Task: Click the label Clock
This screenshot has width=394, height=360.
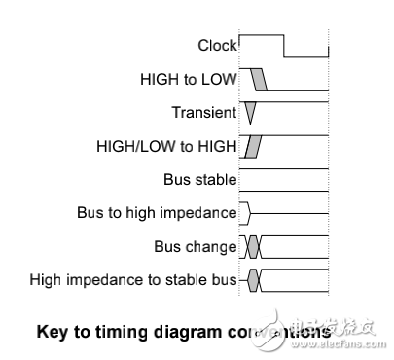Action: [216, 45]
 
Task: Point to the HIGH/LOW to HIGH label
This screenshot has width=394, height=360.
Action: [166, 146]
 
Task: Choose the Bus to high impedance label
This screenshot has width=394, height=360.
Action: [157, 212]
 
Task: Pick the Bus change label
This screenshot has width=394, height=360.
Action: [195, 245]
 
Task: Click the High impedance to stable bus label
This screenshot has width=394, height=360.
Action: [133, 280]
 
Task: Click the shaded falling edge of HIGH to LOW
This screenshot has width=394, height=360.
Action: [260, 80]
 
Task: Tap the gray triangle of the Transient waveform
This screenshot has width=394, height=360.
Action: [249, 112]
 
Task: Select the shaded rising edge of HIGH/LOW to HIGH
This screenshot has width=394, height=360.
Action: [253, 147]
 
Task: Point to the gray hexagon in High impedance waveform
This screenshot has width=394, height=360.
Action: [253, 280]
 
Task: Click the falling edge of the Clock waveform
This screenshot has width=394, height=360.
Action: [284, 45]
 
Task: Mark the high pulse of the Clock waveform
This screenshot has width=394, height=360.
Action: [262, 36]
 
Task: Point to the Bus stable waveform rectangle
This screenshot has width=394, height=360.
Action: [284, 180]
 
